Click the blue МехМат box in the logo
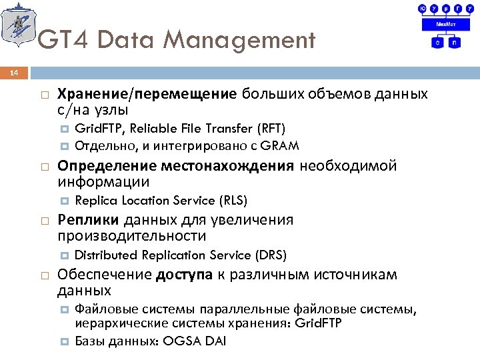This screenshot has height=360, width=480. pyautogui.click(x=446, y=24)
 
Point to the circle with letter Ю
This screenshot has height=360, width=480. pyautogui.click(x=421, y=8)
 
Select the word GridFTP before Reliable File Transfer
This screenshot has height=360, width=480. pyautogui.click(x=96, y=128)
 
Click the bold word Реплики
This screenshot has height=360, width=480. pyautogui.click(x=88, y=220)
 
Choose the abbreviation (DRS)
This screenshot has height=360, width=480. pyautogui.click(x=271, y=255)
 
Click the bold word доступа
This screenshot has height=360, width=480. pyautogui.click(x=184, y=275)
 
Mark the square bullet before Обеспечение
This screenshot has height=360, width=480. pyautogui.click(x=44, y=275)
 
